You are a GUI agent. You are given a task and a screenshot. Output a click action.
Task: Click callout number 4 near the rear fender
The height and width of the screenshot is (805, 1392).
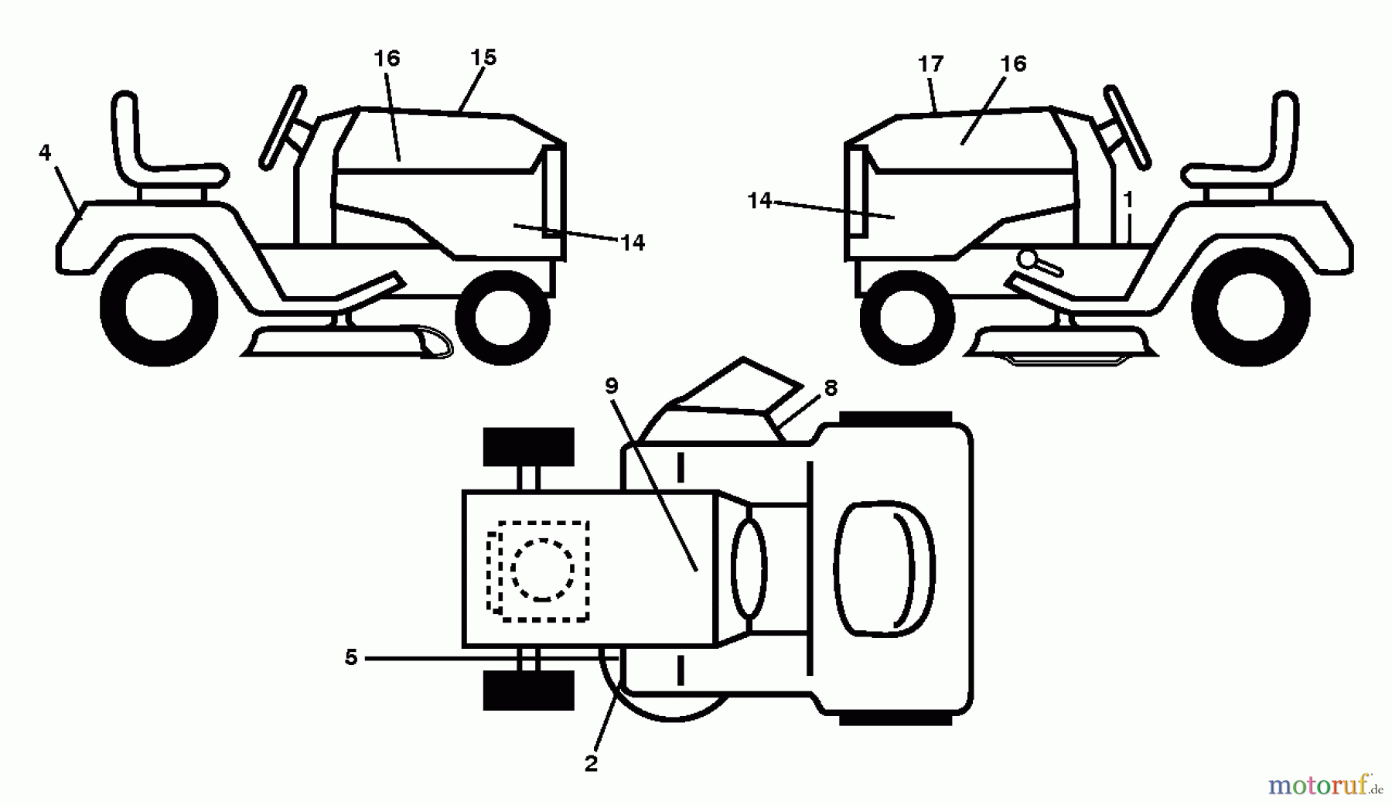pyautogui.click(x=45, y=153)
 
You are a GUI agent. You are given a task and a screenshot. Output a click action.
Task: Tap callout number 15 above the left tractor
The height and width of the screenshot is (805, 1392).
pyautogui.click(x=483, y=57)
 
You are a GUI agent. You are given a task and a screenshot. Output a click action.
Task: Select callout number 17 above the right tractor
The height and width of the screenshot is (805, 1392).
pyautogui.click(x=931, y=63)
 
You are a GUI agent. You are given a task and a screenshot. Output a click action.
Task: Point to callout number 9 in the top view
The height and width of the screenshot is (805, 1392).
pyautogui.click(x=612, y=386)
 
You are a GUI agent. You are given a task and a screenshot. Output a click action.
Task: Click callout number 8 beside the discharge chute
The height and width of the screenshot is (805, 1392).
pyautogui.click(x=831, y=387)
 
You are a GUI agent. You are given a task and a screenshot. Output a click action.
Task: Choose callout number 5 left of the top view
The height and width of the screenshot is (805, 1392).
pyautogui.click(x=351, y=658)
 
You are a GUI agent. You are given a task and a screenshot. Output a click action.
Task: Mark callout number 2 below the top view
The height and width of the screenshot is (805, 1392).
pyautogui.click(x=592, y=764)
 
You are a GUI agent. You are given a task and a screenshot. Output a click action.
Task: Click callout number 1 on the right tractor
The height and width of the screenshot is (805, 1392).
pyautogui.click(x=1128, y=200)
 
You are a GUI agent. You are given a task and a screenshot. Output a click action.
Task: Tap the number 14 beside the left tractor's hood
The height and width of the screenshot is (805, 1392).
pyautogui.click(x=633, y=243)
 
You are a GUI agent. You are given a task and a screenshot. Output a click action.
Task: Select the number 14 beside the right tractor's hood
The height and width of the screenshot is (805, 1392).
pyautogui.click(x=759, y=201)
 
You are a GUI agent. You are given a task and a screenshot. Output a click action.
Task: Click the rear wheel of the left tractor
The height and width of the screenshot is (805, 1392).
pyautogui.click(x=159, y=306)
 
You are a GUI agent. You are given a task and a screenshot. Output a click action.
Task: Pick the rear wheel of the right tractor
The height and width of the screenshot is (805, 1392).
pyautogui.click(x=1250, y=306)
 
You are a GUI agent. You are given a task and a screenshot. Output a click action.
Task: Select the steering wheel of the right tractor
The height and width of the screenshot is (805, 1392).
pyautogui.click(x=1128, y=127)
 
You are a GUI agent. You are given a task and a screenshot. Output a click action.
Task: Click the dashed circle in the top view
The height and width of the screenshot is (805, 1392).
pyautogui.click(x=542, y=569)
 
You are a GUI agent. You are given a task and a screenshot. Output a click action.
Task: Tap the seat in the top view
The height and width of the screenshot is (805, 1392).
pyautogui.click(x=884, y=568)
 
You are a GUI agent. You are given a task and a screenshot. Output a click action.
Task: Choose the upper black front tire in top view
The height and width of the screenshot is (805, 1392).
pyautogui.click(x=529, y=447)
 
